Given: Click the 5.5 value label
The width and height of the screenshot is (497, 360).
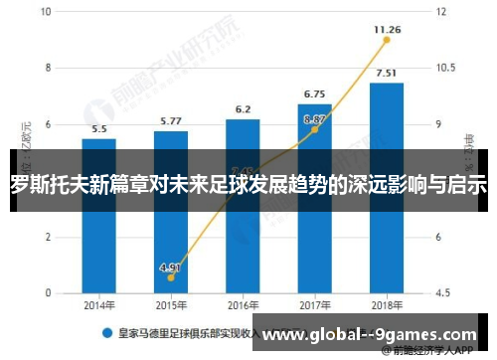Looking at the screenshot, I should pyautogui.click(x=99, y=129).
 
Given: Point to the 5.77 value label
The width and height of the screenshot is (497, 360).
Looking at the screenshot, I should pyautogui.click(x=171, y=121).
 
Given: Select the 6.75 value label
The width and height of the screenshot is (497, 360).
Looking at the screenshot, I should pyautogui.click(x=315, y=93).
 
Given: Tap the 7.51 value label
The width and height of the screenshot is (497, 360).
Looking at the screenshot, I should pyautogui.click(x=387, y=73).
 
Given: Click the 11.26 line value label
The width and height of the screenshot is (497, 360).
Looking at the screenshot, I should pyautogui.click(x=387, y=30).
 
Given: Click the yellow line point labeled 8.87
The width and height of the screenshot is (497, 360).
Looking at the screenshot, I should pyautogui.click(x=315, y=129).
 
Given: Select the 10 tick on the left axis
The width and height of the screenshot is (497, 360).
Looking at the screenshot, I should pyautogui.click(x=49, y=12).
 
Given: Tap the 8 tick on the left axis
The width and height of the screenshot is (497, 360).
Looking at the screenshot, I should pyautogui.click(x=49, y=69).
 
